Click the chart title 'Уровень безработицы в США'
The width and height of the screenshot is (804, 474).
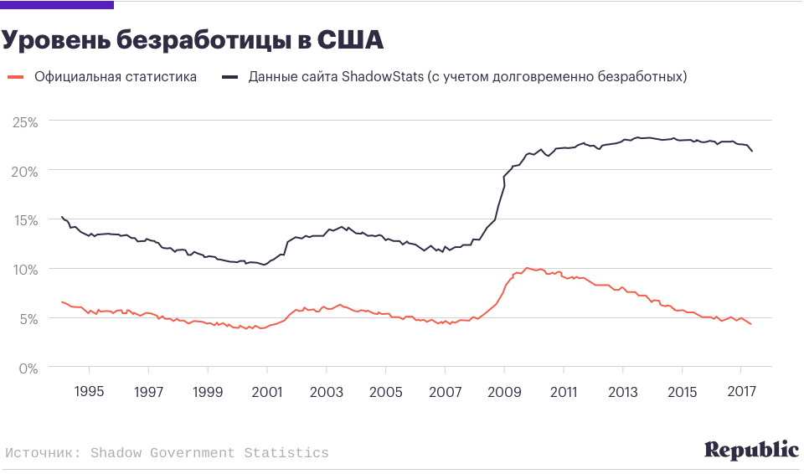(193, 40)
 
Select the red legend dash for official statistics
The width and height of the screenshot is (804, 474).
(14, 77)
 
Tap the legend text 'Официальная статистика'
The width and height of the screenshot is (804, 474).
(116, 77)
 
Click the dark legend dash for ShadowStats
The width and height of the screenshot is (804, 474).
(229, 77)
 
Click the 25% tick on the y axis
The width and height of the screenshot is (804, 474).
(25, 121)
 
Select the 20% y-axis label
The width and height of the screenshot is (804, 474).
(25, 171)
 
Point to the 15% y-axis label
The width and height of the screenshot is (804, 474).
(25, 220)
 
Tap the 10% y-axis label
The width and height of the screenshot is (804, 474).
(25, 270)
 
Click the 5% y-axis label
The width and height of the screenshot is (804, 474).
(28, 319)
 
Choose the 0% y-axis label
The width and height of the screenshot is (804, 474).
(28, 368)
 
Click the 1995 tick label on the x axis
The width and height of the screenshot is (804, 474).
(89, 392)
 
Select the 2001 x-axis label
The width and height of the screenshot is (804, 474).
(267, 392)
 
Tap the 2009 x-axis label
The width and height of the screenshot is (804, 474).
(504, 392)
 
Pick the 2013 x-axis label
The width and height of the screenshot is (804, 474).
(623, 392)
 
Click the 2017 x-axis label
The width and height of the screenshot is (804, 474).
(741, 392)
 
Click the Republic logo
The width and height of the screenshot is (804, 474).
(751, 450)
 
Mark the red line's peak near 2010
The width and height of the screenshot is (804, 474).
(527, 268)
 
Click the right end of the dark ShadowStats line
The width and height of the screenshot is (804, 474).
(752, 151)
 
